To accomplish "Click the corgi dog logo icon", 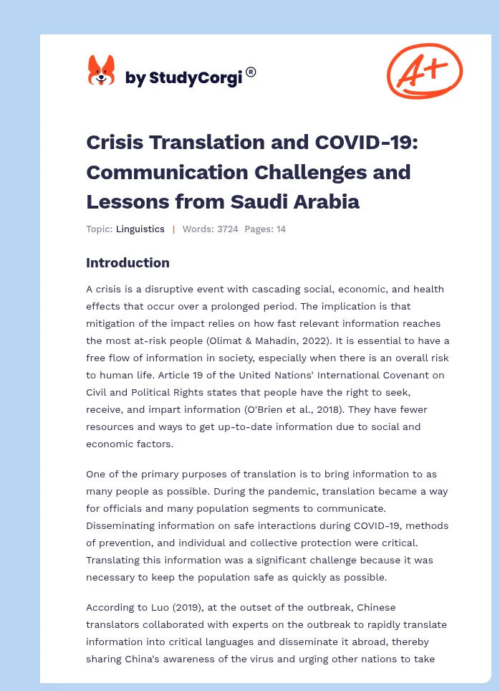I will coord(101,72).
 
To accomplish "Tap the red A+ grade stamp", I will coord(424,70).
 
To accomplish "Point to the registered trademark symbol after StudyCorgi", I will coord(251,72).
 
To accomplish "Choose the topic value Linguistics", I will coord(140,229).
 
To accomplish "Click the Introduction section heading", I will coord(128,263).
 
